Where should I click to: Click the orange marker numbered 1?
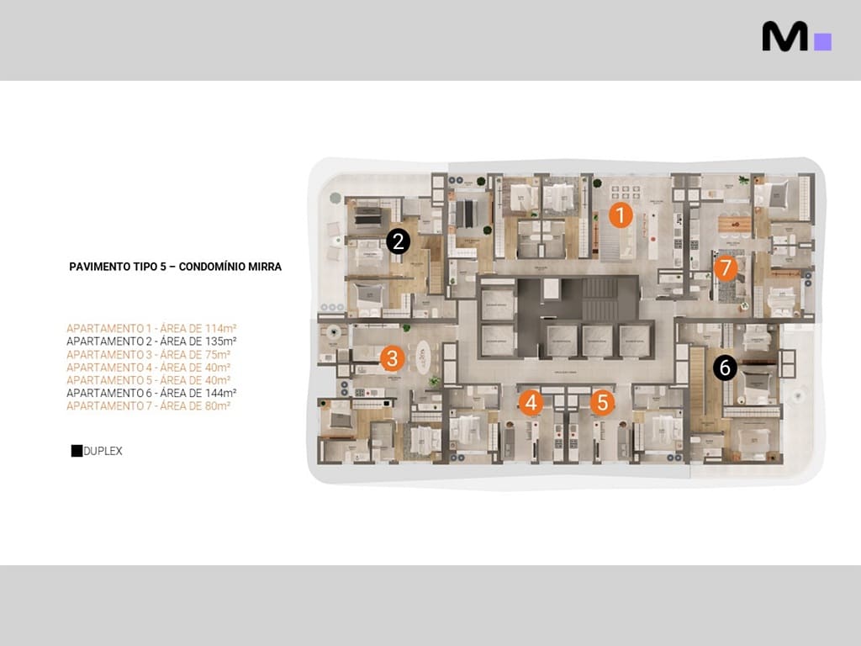tap(620, 215)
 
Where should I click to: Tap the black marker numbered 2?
tap(398, 242)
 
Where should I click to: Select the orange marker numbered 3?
tap(391, 358)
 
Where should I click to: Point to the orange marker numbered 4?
tap(530, 403)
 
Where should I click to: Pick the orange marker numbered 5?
tap(601, 403)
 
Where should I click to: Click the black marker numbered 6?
tap(725, 368)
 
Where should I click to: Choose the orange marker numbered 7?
tap(725, 268)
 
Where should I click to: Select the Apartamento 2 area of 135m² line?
tap(151, 342)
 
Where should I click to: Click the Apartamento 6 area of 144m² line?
tap(151, 393)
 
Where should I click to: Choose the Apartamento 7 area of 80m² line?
tap(148, 405)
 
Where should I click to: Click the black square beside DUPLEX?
tap(77, 451)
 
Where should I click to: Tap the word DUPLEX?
tap(103, 451)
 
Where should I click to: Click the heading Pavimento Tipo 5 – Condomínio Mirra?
tap(175, 267)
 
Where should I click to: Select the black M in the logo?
tap(784, 36)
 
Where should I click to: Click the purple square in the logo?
tap(823, 41)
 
